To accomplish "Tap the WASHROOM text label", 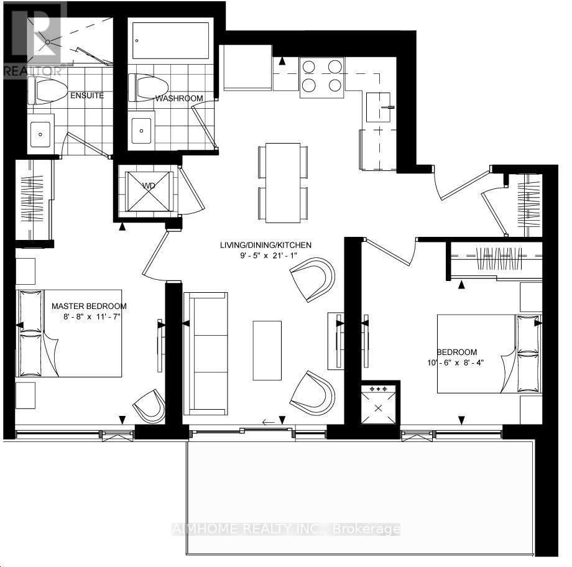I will point(179,98).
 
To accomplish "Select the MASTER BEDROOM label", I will point(89,306).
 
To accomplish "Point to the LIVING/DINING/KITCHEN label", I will point(265,245).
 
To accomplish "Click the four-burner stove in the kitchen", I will point(322,77).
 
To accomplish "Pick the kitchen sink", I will point(381,107).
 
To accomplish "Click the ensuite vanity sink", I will point(42,132).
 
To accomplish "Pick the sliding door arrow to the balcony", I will point(269,423).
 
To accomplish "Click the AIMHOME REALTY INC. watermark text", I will point(285,529).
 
